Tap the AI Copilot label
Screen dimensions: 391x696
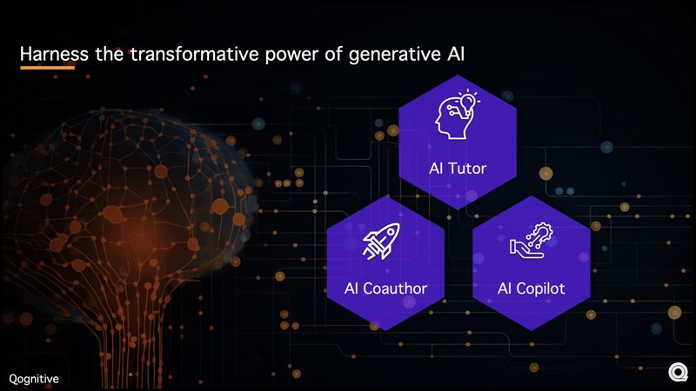[x=531, y=288]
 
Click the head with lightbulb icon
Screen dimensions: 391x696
[x=457, y=116]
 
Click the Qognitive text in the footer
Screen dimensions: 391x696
[x=35, y=378]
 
